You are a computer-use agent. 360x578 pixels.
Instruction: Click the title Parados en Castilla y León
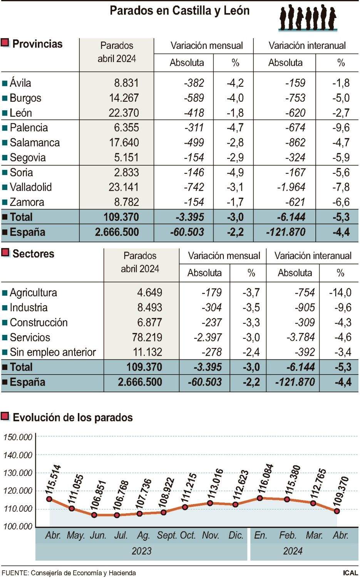(179, 10)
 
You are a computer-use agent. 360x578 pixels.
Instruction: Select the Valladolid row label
(31, 187)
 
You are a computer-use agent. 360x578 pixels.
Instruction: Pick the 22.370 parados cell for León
(124, 113)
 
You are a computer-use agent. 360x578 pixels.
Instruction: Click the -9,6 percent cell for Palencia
(341, 128)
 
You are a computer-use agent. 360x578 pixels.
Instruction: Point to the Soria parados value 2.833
(124, 172)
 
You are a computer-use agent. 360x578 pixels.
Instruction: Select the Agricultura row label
(33, 292)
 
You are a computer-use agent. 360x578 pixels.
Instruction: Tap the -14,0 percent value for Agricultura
(340, 292)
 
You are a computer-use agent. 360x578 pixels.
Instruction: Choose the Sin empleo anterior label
(53, 352)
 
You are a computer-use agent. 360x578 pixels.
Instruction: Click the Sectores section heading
(33, 254)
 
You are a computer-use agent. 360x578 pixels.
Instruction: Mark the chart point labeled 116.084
(260, 498)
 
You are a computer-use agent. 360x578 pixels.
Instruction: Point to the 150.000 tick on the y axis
(18, 437)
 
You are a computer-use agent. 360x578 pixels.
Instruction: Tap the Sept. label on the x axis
(167, 535)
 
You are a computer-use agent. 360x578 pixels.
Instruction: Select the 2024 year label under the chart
(293, 551)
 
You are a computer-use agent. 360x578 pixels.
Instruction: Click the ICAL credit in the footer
(350, 573)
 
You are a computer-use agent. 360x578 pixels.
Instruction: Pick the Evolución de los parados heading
(72, 417)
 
